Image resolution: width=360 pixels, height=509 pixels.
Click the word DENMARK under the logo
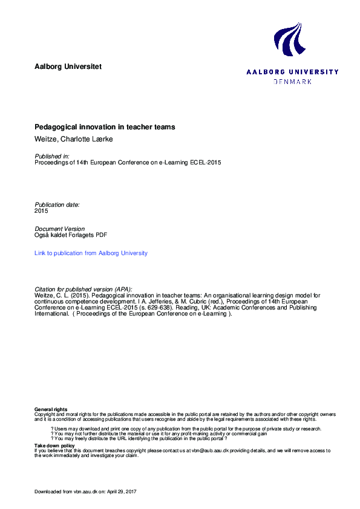pyautogui.click(x=292, y=81)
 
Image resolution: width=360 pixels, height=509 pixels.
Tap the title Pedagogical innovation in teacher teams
pyautogui.click(x=105, y=128)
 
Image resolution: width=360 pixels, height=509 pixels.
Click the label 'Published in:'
pyautogui.click(x=52, y=157)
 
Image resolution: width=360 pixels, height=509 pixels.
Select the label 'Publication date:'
pyautogui.click(x=57, y=205)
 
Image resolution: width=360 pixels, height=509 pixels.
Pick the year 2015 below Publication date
pyautogui.click(x=41, y=211)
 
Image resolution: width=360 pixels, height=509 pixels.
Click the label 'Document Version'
pyautogui.click(x=60, y=229)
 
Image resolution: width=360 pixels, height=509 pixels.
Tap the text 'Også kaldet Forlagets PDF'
pyautogui.click(x=71, y=235)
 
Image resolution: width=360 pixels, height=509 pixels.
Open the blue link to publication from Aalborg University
pyautogui.click(x=91, y=253)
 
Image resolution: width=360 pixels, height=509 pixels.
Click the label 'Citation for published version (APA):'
pyautogui.click(x=83, y=289)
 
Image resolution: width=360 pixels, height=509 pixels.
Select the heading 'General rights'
pyautogui.click(x=51, y=409)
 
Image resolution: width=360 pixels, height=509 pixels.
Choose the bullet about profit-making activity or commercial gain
pyautogui.click(x=160, y=433)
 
